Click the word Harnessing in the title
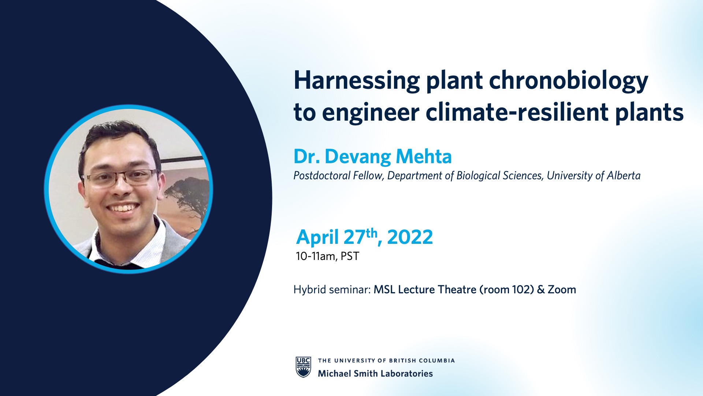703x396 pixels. [x=357, y=81]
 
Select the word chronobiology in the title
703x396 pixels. [x=569, y=81]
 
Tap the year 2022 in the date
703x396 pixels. [x=410, y=237]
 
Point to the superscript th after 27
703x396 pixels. [x=371, y=233]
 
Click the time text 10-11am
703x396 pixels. [x=315, y=256]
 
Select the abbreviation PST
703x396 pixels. [x=350, y=256]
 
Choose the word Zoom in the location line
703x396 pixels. [x=562, y=290]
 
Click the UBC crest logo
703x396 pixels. [x=303, y=367]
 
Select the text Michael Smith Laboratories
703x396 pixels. [x=375, y=374]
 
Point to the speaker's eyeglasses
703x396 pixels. [x=121, y=177]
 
